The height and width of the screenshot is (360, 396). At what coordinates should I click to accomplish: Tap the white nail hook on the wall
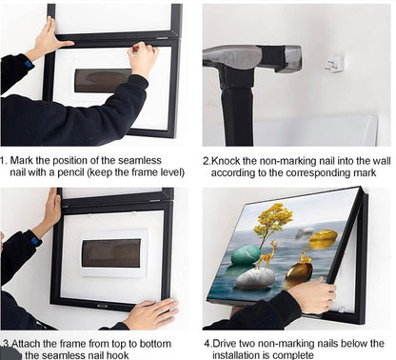click(335, 65)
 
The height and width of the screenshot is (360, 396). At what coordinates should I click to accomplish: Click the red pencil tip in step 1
click(135, 49)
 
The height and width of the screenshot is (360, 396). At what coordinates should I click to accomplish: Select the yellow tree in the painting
click(274, 221)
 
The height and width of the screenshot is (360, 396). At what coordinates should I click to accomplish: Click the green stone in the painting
click(246, 255)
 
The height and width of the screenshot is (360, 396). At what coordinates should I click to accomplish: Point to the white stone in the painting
click(256, 278)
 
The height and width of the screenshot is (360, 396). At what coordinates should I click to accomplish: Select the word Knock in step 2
click(226, 161)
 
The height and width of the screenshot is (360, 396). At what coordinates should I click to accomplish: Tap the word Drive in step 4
click(225, 344)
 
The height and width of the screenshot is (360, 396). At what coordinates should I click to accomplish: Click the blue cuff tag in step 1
click(29, 65)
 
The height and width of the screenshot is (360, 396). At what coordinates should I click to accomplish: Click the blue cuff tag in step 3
click(36, 240)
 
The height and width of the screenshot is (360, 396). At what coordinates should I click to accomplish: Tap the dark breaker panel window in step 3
click(111, 253)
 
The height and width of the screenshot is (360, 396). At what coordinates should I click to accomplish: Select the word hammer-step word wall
click(382, 161)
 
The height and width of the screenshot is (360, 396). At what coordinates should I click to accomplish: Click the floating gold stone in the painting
click(323, 239)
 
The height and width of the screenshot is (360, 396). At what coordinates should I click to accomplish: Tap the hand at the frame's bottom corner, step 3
click(151, 313)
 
